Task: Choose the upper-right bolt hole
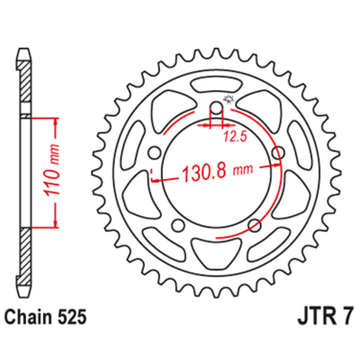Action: tap(278, 152)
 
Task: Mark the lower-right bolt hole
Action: tap(255, 224)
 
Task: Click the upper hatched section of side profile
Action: tap(24, 77)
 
